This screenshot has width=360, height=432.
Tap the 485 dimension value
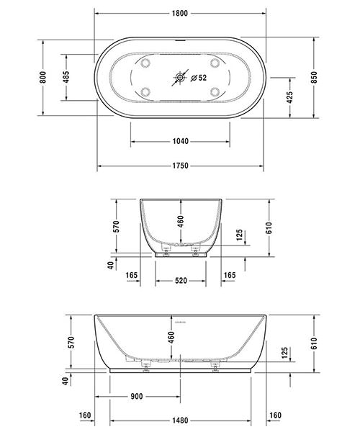pos(66,76)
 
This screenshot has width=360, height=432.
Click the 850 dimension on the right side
pos(314,77)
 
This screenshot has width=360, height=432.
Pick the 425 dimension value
pos(290,97)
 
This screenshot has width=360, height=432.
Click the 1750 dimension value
pos(181,166)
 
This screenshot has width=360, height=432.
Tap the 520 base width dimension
pos(181,280)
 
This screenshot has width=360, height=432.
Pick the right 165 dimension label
pos(229,275)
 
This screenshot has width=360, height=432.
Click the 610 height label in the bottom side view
pos(314,345)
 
